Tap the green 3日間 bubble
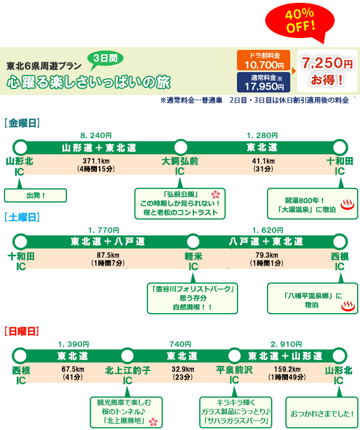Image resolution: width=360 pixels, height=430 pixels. pos(105,58)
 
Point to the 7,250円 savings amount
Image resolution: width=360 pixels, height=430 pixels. pos(327,62)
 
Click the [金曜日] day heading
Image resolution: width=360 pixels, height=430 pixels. pos(21,123)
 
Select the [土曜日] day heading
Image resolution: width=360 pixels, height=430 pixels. pos(21,217)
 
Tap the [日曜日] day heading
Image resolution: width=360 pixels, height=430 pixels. pos(21,330)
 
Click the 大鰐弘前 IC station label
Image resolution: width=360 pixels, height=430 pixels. pos(180,166)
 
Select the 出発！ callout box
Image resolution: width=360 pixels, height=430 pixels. pos(36,196)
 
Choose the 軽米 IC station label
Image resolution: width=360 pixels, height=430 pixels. pos(193,262)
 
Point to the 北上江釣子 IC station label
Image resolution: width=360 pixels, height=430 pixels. pos(128,375)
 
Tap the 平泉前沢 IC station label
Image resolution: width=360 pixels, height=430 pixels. pos(234,375)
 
